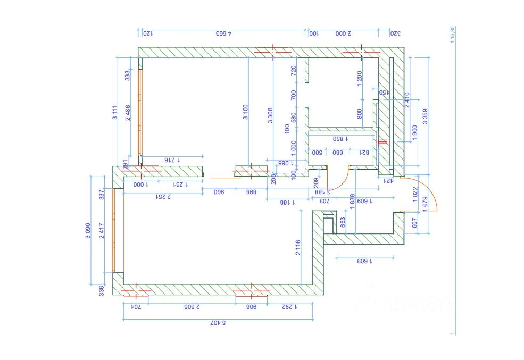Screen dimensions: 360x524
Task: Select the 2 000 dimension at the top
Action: (343, 34)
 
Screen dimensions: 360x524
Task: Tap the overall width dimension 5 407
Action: (218, 323)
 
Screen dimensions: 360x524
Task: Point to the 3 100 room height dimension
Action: (245, 112)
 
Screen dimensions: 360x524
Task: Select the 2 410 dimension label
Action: (407, 100)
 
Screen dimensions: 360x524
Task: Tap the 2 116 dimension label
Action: (298, 247)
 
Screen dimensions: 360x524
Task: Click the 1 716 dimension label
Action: (172, 160)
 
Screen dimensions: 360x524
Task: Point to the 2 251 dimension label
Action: (163, 196)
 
